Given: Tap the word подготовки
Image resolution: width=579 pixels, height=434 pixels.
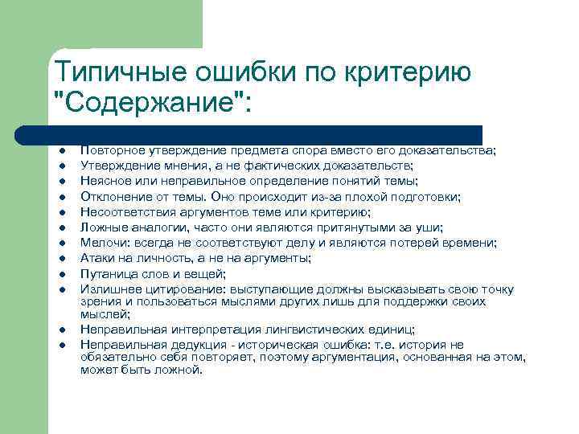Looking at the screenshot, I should tap(426, 196).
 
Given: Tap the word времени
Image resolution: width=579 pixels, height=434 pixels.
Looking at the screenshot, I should tap(472, 243).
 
